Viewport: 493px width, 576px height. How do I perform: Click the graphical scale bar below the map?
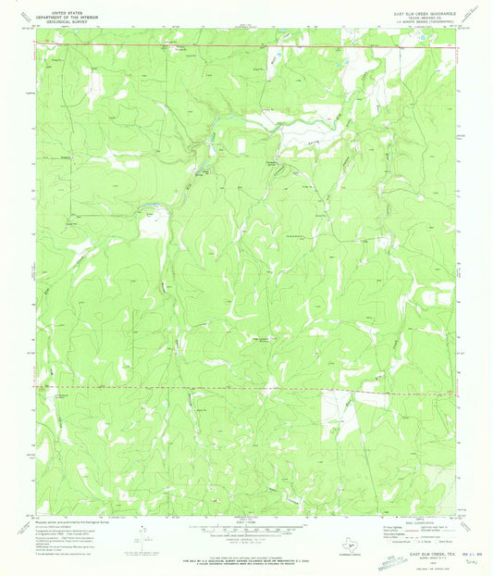pos(246,532)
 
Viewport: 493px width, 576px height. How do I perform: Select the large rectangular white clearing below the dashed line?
pos(339,412)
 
